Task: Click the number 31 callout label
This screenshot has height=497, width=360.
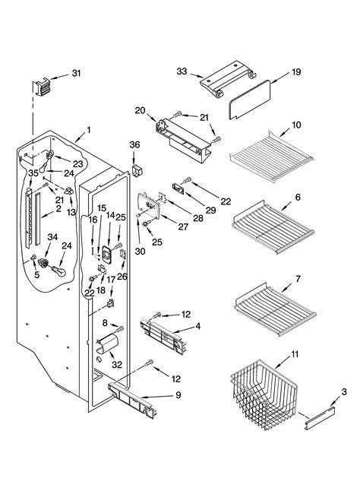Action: pyautogui.click(x=75, y=73)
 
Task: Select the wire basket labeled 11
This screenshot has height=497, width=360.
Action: pyautogui.click(x=263, y=394)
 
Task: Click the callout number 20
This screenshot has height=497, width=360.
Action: pyautogui.click(x=140, y=110)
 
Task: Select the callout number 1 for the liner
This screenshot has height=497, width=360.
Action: pyautogui.click(x=89, y=130)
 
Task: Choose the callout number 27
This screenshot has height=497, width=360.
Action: pyautogui.click(x=183, y=226)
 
